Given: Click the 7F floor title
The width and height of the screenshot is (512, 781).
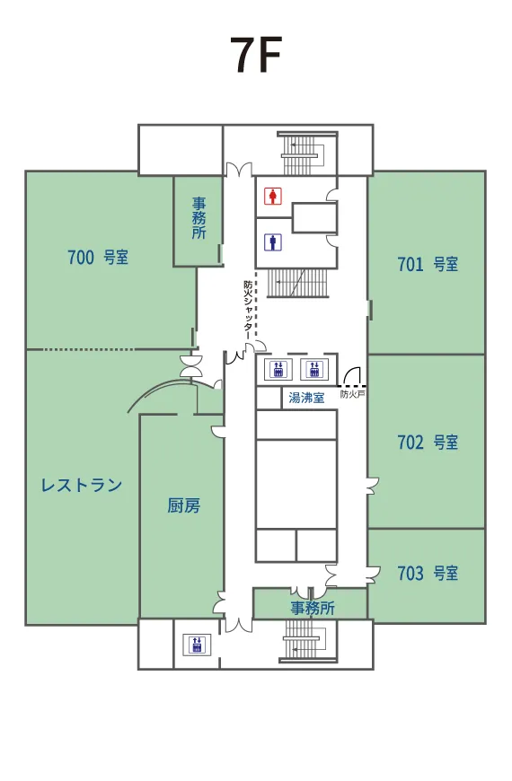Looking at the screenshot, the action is [x=256, y=54].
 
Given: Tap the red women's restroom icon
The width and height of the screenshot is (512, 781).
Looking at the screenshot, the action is [x=273, y=196].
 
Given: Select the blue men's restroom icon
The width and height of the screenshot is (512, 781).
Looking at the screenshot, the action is [x=273, y=242].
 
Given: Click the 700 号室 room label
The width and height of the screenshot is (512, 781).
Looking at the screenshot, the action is [x=98, y=257].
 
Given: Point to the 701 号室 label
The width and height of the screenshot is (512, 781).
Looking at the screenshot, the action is [x=428, y=264].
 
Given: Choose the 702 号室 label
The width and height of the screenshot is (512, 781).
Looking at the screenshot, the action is [x=428, y=442].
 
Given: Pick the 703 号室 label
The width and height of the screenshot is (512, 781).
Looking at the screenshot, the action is [x=428, y=574].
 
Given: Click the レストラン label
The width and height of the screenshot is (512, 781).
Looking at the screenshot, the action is [x=82, y=485].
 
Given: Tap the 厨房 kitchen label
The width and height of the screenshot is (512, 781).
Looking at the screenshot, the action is [x=184, y=505].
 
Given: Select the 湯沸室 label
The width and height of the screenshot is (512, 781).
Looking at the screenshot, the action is [x=306, y=398].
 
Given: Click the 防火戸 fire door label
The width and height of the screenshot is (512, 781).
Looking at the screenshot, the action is [x=353, y=394].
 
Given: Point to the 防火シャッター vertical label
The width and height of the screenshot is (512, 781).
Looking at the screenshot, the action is [x=248, y=311].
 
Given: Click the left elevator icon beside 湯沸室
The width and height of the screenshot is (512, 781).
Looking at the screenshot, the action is [x=278, y=369].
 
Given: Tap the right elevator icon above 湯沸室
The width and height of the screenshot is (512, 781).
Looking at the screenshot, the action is [x=314, y=369].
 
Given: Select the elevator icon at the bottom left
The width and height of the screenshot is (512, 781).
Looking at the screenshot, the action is [x=197, y=645].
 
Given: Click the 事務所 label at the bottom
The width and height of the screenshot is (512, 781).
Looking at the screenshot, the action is [x=313, y=608].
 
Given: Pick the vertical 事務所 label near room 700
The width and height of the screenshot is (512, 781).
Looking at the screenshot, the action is [x=199, y=217].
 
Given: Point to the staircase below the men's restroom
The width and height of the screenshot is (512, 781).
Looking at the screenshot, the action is [x=298, y=283].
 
